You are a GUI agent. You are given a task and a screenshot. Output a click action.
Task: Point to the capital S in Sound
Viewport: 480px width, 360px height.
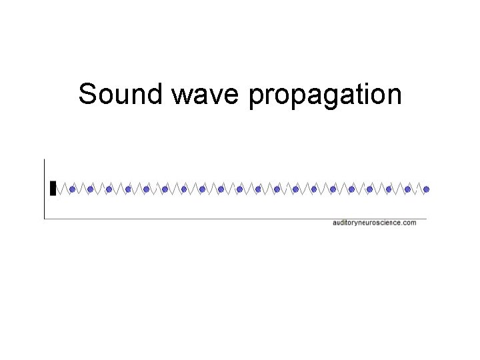click(x=87, y=95)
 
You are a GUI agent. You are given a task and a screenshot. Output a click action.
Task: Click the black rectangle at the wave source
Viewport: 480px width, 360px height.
click(x=53, y=189)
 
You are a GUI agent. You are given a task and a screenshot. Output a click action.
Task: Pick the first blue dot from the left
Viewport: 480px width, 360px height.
click(x=72, y=189)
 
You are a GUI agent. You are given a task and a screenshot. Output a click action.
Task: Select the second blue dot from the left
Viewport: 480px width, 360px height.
click(x=91, y=189)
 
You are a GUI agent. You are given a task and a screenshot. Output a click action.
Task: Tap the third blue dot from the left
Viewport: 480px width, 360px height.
click(x=109, y=189)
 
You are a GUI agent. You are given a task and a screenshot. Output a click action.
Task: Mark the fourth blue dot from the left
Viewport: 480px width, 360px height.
click(x=128, y=189)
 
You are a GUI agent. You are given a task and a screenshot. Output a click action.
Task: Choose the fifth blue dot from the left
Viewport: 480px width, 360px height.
click(x=146, y=189)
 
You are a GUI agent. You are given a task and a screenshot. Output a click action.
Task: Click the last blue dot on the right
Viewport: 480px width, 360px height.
click(x=427, y=189)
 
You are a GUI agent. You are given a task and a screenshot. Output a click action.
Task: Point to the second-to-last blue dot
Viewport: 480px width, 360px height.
click(x=408, y=189)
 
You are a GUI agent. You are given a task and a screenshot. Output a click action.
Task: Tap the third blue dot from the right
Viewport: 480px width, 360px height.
click(x=389, y=189)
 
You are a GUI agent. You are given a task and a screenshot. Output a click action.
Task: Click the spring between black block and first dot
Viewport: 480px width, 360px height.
click(x=63, y=189)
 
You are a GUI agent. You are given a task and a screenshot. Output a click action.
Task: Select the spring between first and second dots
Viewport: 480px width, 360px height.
click(x=81, y=189)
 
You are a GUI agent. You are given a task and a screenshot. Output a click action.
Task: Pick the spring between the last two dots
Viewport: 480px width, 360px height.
click(x=417, y=189)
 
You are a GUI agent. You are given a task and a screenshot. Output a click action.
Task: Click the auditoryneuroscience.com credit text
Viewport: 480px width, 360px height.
click(x=374, y=223)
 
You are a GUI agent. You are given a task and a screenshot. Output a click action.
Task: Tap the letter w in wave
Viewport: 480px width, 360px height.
click(x=180, y=97)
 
